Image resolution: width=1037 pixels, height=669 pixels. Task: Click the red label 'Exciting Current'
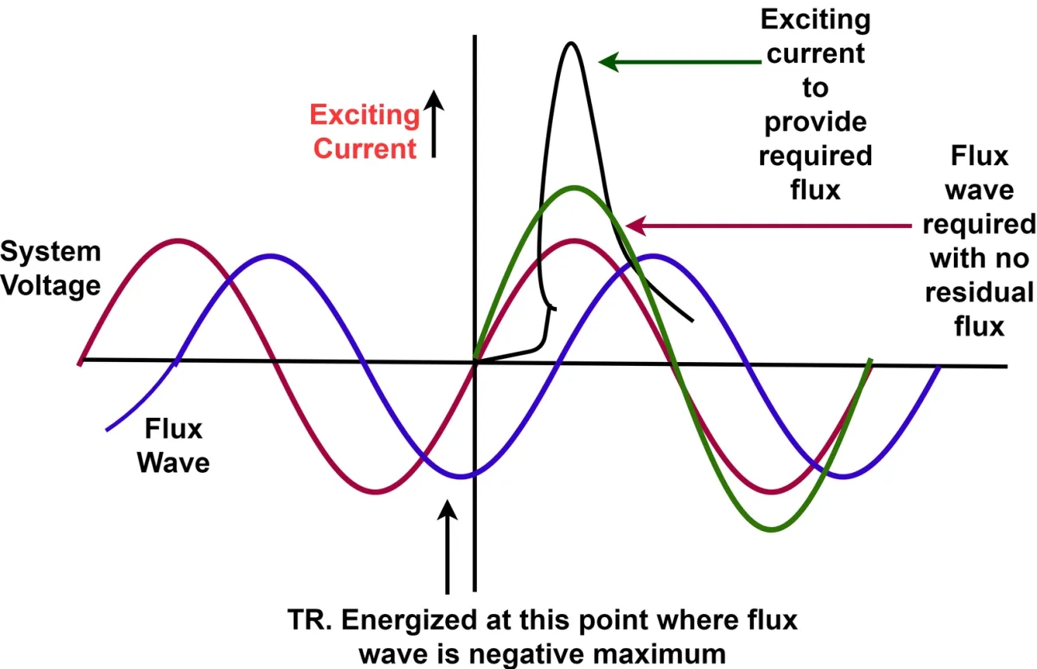tap(365, 132)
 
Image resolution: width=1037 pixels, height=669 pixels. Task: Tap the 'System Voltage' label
tap(50, 269)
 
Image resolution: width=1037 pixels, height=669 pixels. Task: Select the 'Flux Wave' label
tap(173, 446)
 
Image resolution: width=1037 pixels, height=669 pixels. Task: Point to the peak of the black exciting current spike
tap(570, 42)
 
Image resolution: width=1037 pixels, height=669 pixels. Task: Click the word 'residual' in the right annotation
tap(980, 293)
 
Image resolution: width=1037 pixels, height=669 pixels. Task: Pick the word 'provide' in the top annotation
tap(815, 123)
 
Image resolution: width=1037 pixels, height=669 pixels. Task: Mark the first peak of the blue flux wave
tap(271, 256)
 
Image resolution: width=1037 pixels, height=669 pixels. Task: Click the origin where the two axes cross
tap(475, 363)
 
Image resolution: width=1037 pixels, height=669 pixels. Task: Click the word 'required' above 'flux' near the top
tap(815, 156)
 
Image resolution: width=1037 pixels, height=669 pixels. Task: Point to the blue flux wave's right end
tap(938, 368)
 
